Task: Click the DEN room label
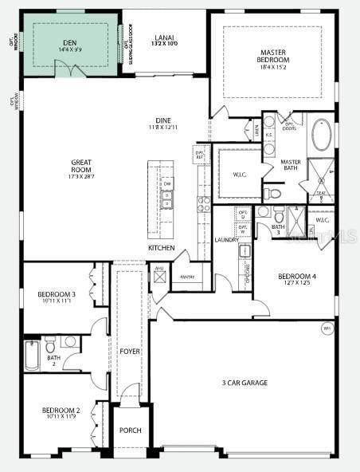(x=69, y=44)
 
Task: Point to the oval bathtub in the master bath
(x=322, y=136)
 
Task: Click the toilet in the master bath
(x=272, y=193)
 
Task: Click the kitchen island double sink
(x=167, y=199)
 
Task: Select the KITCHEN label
(x=161, y=248)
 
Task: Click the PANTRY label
(x=188, y=277)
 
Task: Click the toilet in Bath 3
(x=279, y=214)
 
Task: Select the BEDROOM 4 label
(x=297, y=277)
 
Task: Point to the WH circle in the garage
(x=327, y=328)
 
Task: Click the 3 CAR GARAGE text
(x=245, y=383)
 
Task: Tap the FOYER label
(x=130, y=351)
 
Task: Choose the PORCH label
(x=130, y=431)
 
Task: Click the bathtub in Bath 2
(x=32, y=356)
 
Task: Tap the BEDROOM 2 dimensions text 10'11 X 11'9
(x=61, y=416)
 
